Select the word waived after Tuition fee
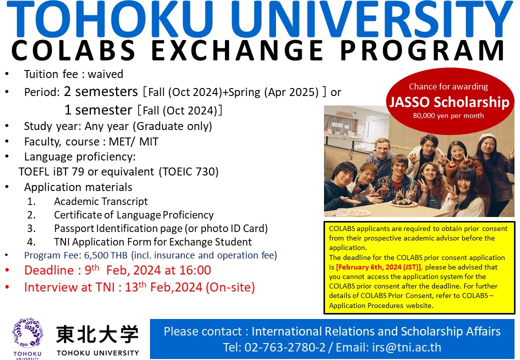coord(105,74)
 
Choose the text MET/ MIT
coord(133,142)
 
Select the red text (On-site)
coord(230,287)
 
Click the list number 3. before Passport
coord(31,228)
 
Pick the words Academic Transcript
coord(101,201)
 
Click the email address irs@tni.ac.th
coord(406,347)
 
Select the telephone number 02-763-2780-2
coord(285,347)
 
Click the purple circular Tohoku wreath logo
coord(27,333)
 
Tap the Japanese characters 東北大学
coord(97,334)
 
